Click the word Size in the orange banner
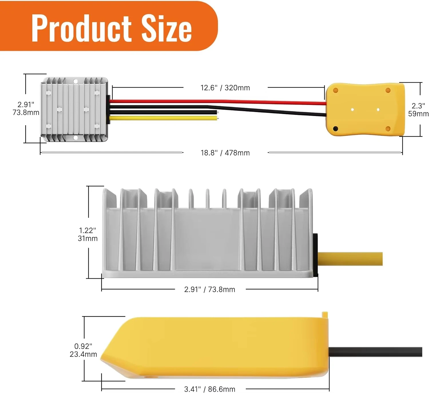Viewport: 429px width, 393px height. point(166,28)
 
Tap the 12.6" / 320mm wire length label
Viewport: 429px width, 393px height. point(225,88)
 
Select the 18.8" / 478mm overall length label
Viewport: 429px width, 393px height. point(225,153)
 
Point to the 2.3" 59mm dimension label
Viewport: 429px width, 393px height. point(418,110)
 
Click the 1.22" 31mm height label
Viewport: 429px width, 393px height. point(88,234)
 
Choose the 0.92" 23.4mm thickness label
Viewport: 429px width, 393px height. point(83,350)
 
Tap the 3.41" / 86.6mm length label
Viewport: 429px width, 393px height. point(210,389)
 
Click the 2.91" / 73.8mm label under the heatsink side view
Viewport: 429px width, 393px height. point(210,289)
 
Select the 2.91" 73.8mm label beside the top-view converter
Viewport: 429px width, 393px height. point(26,109)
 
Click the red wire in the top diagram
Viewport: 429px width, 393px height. point(217,101)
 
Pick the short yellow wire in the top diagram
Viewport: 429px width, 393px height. point(163,118)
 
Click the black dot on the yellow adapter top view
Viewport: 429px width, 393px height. point(336,129)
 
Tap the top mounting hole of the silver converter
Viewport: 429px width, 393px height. point(76,82)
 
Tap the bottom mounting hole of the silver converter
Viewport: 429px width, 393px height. point(76,138)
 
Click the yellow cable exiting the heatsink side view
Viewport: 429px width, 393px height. point(350,259)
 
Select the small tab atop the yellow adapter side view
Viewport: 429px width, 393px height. point(325,314)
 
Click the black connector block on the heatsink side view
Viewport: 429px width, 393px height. point(315,255)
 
